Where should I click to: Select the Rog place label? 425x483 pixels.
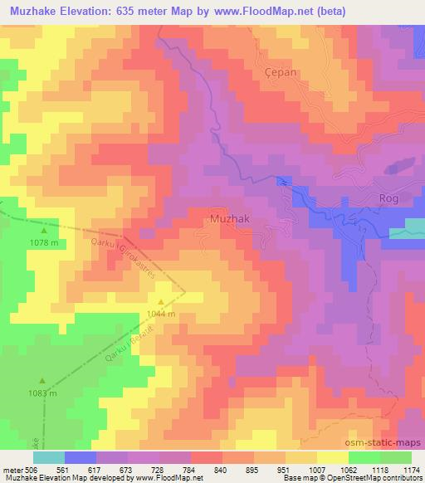tap(389, 198)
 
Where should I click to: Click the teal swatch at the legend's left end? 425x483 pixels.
tap(48, 456)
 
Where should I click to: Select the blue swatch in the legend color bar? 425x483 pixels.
tap(80, 456)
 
